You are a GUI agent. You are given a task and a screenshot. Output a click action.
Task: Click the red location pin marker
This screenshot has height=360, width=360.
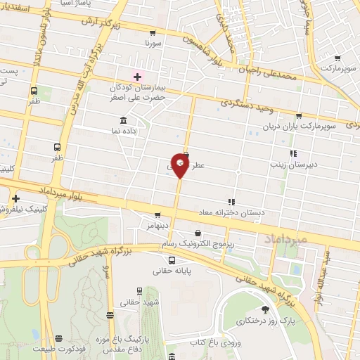[x=180, y=166]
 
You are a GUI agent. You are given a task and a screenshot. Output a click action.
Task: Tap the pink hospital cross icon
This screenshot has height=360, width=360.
[x=137, y=77]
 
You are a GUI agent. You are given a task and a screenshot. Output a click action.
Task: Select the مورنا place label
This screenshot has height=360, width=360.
[x=153, y=44]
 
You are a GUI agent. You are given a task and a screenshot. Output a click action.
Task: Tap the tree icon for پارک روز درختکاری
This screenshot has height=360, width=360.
[x=264, y=309]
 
